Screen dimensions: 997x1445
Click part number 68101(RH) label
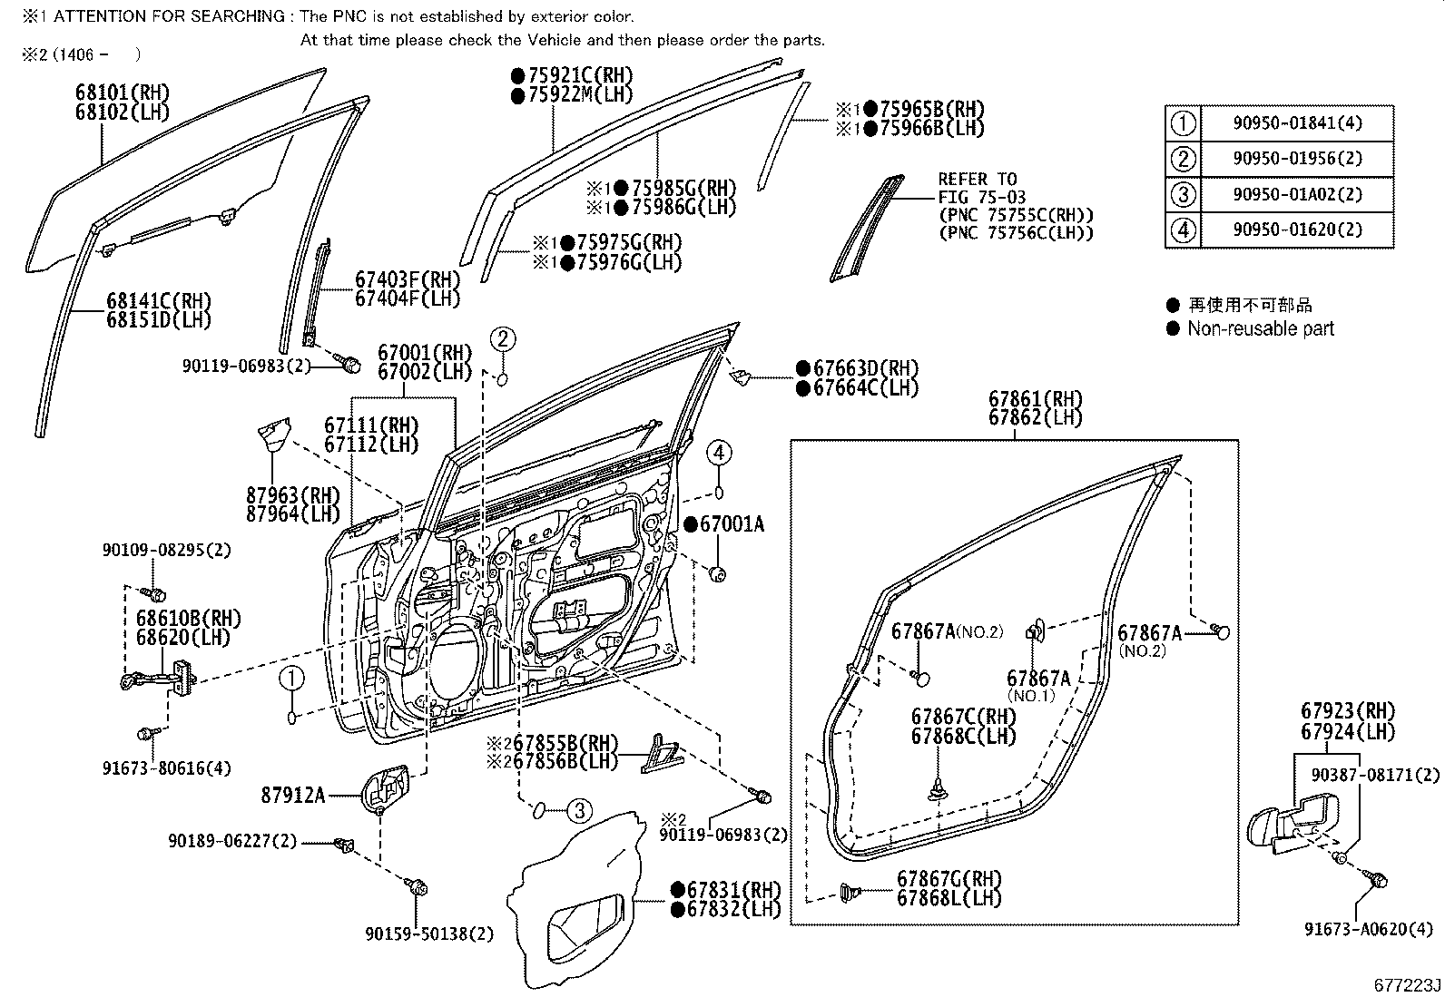(123, 93)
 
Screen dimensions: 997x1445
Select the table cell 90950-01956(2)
(1297, 159)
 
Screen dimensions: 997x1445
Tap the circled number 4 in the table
(1183, 230)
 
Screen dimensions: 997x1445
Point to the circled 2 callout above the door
(504, 340)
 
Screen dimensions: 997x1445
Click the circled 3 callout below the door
(579, 810)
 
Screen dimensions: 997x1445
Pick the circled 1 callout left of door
(290, 677)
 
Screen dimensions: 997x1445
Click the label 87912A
(292, 796)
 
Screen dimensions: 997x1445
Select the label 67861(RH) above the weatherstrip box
(1036, 399)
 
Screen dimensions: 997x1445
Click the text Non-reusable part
(1260, 329)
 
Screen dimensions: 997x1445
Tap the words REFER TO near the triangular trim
(977, 180)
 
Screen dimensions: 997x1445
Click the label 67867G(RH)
(949, 878)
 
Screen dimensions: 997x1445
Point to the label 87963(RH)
(292, 495)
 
